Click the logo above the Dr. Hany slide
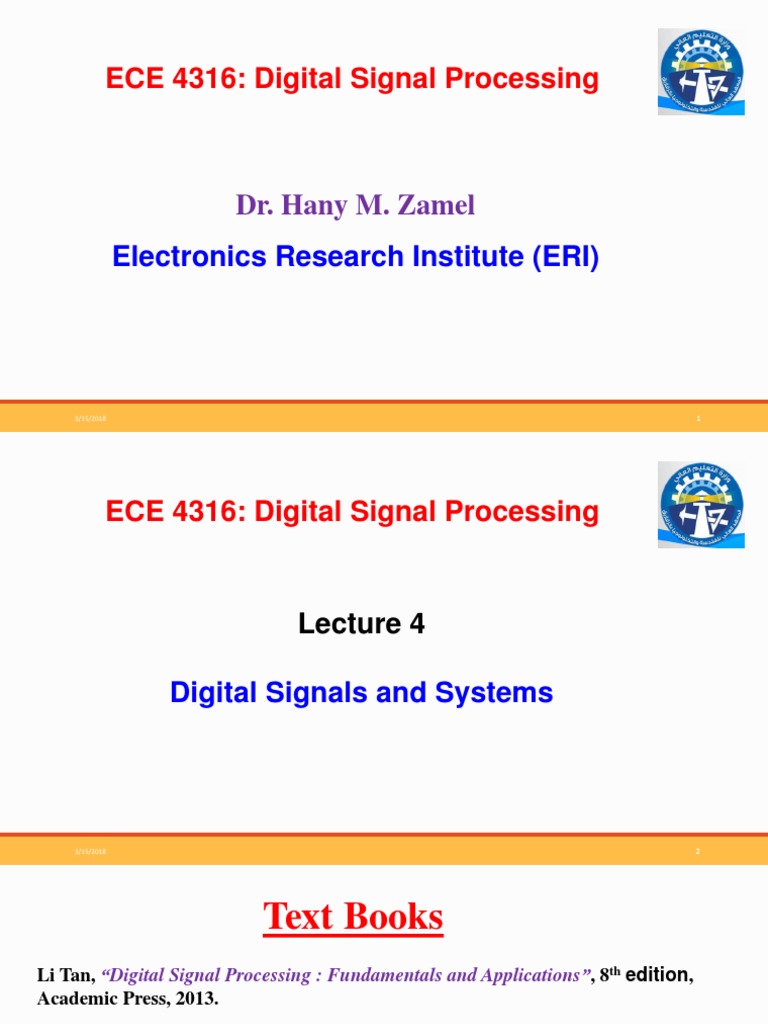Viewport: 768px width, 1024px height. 700,71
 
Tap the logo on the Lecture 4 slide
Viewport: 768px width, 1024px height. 700,504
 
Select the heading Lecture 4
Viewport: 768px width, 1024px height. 361,624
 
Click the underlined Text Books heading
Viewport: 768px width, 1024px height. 353,916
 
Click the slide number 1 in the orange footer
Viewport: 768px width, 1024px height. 699,419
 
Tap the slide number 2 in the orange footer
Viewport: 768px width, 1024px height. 699,852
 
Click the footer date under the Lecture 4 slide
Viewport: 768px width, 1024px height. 90,852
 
